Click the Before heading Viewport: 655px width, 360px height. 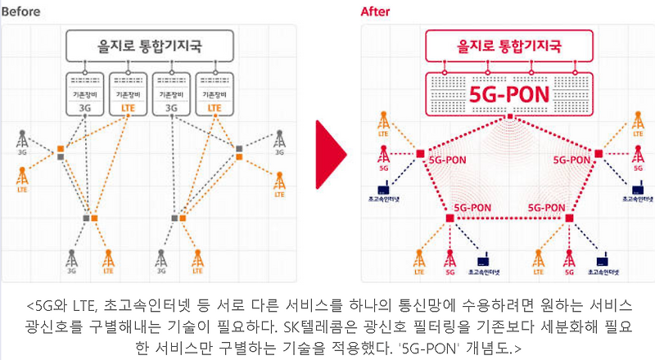[x=22, y=11]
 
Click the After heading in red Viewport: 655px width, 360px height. [x=377, y=11]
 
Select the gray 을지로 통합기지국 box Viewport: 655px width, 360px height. [x=150, y=43]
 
